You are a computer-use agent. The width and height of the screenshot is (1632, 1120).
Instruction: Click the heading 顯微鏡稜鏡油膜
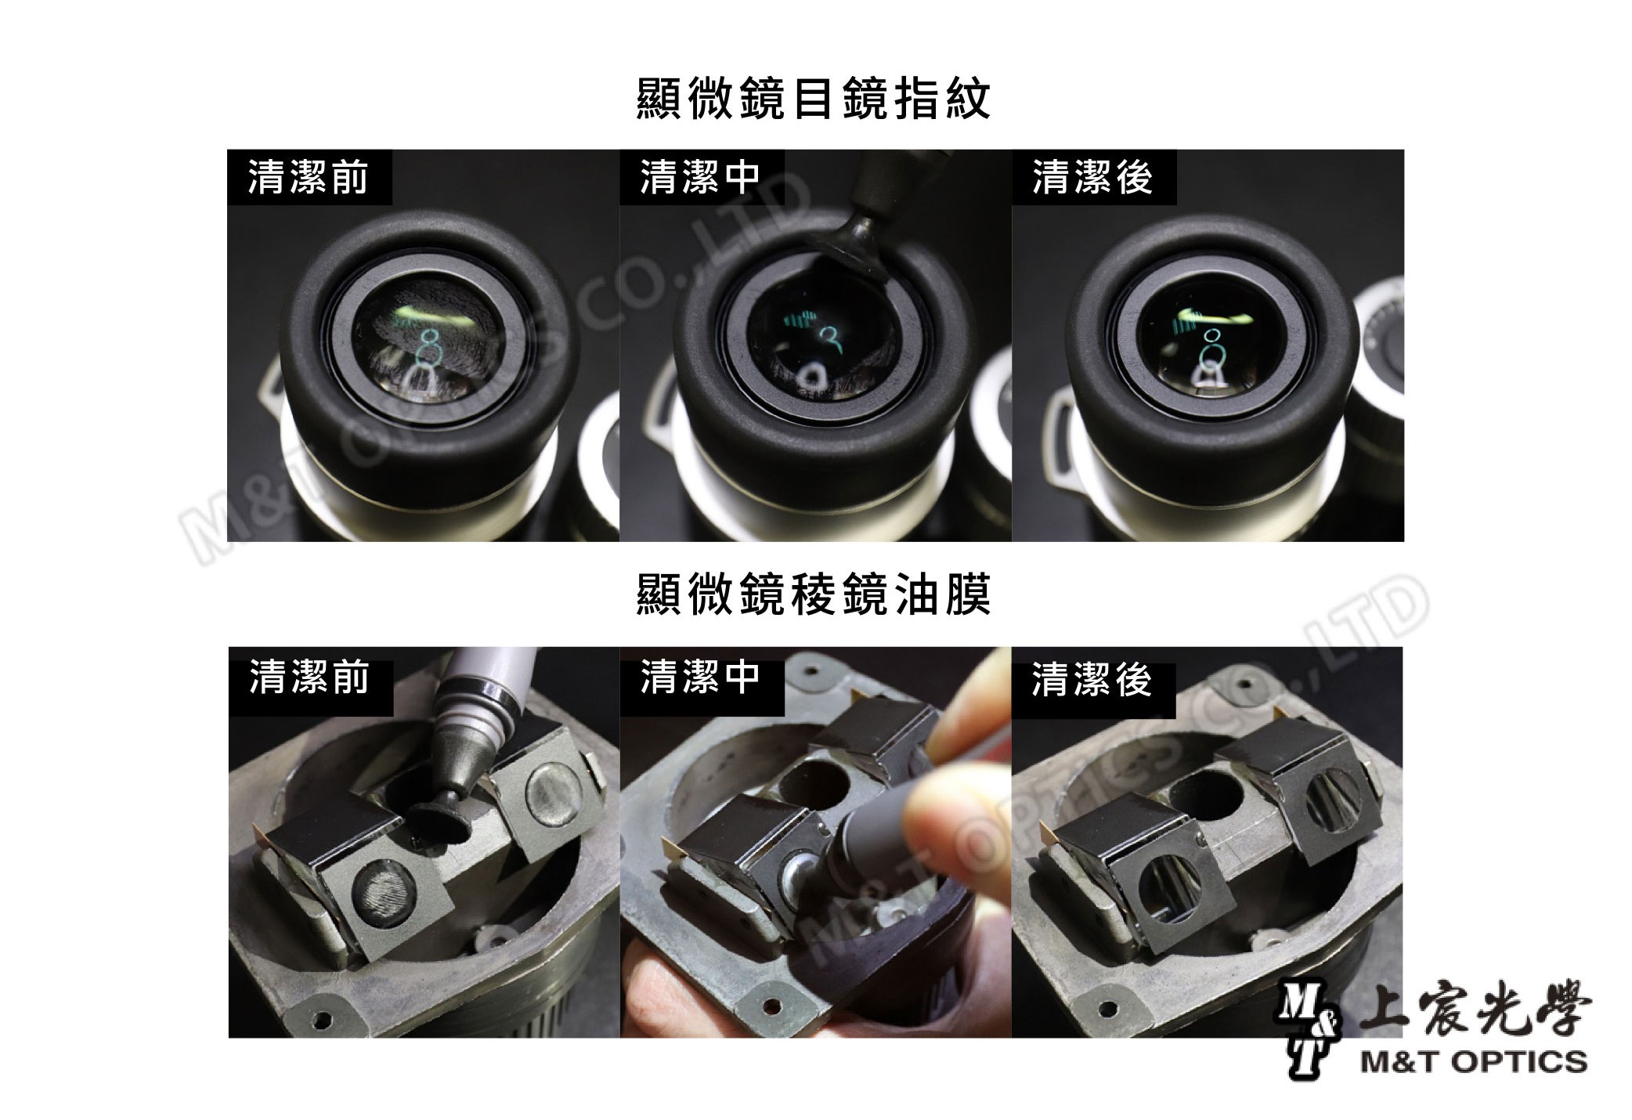point(814,595)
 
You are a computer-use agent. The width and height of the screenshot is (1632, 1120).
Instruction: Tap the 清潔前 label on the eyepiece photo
point(308,178)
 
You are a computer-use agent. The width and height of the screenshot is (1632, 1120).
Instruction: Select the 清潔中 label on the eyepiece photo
point(700,178)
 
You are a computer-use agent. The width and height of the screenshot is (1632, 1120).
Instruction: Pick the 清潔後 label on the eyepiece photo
point(1092,178)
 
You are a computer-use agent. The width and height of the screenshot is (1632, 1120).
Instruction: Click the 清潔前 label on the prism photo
point(309,677)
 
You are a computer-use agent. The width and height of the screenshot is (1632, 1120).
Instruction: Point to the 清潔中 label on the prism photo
point(700,677)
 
